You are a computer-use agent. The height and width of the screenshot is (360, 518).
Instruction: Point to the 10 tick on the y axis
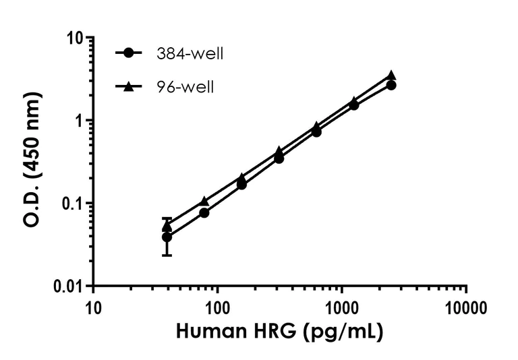74,38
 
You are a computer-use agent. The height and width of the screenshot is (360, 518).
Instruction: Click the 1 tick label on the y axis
78,121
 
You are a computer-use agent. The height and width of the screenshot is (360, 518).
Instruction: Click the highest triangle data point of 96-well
391,76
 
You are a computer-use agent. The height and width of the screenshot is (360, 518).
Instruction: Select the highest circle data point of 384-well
391,85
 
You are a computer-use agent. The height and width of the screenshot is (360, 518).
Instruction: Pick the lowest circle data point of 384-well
167,237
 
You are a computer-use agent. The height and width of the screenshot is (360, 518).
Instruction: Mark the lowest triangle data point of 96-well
167,227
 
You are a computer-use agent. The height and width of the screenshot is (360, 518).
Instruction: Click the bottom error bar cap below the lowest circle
167,256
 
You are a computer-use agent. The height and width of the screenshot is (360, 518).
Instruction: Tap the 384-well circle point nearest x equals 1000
353,104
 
